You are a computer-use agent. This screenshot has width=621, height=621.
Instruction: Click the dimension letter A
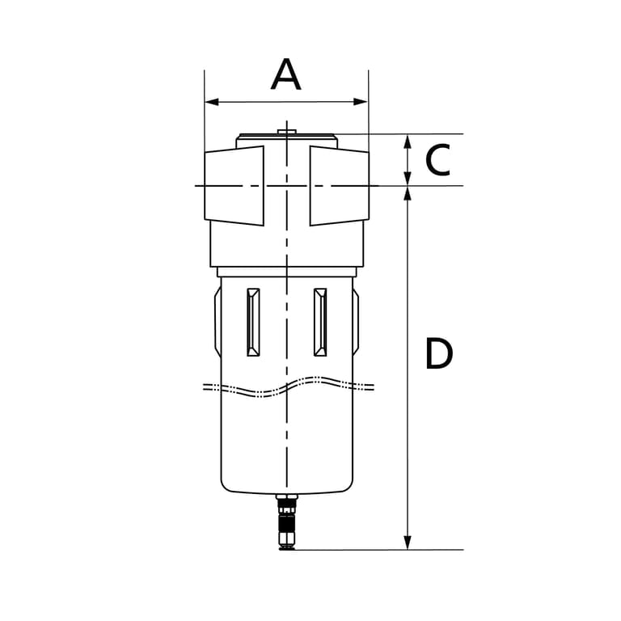[286, 74]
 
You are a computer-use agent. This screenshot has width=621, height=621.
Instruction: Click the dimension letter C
[437, 160]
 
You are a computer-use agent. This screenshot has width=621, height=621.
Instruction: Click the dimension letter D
[439, 353]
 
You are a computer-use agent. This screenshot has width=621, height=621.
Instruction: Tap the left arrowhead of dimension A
[212, 102]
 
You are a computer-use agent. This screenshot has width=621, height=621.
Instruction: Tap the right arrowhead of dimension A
[361, 102]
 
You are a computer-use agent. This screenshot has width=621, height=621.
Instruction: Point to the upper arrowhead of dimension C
[408, 142]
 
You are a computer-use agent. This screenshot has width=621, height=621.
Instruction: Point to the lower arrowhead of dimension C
[408, 178]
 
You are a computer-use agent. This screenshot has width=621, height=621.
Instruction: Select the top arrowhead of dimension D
[408, 194]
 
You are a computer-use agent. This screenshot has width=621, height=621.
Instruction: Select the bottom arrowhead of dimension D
[408, 543]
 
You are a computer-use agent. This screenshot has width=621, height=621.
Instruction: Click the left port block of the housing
[234, 186]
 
